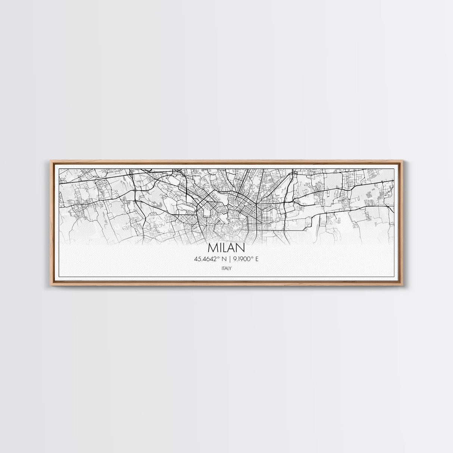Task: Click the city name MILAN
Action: coord(226,248)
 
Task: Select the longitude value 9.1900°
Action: coord(242,258)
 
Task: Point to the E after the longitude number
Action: coord(256,258)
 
